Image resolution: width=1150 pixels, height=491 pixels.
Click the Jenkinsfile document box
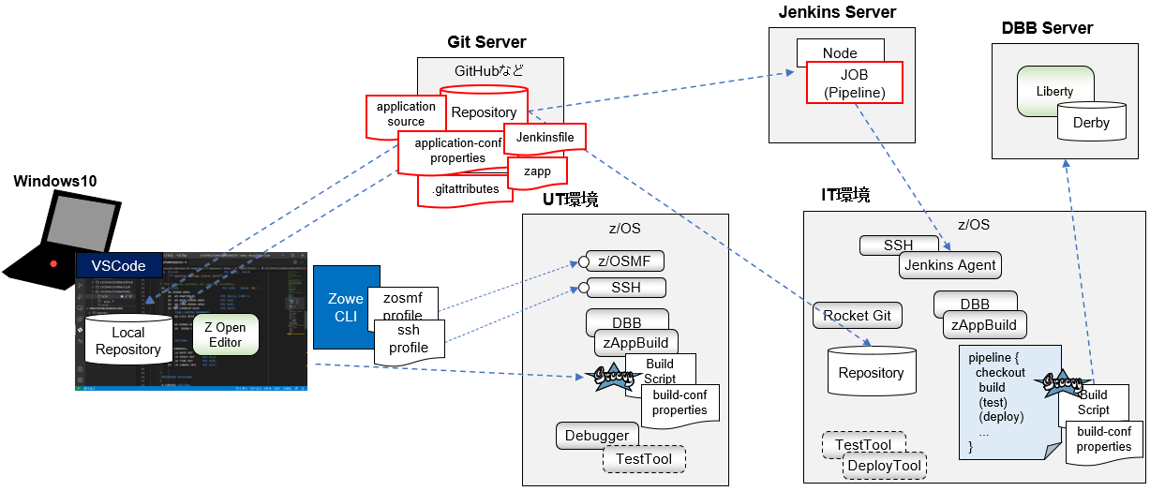[545, 137]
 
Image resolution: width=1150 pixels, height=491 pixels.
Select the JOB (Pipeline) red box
[854, 82]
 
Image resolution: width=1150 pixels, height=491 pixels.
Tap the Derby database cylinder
[1091, 123]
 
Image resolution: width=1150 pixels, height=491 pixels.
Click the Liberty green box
[1055, 90]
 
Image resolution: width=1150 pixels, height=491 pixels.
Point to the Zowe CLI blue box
[346, 307]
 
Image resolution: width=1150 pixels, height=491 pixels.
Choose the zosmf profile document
[403, 305]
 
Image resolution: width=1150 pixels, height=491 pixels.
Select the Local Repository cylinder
[128, 341]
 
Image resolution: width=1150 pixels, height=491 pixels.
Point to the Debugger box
[597, 436]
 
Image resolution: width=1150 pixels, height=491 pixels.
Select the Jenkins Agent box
[950, 265]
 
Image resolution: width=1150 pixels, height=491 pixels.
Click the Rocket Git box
[857, 315]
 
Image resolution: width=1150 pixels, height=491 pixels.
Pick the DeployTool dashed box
[885, 466]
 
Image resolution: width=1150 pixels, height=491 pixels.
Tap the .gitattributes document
[465, 190]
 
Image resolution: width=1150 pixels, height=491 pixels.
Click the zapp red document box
[537, 172]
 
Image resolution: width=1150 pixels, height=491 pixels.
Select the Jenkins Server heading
[837, 12]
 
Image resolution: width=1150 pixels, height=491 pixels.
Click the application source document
[406, 114]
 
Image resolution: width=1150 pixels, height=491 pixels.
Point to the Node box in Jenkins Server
[840, 52]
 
